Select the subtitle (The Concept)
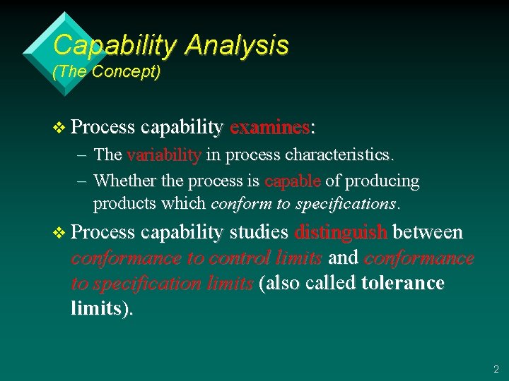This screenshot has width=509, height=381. [107, 72]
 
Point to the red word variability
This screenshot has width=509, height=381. [164, 155]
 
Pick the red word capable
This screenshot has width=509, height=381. [293, 181]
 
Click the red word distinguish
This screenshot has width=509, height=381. [341, 232]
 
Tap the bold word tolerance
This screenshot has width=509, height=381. [402, 284]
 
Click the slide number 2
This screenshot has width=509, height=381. [495, 369]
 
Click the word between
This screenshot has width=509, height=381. [428, 232]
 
